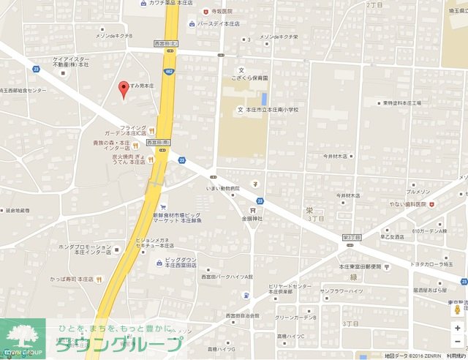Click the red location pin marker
tap(124, 89)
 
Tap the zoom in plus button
tap(457, 326)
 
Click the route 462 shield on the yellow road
tap(170, 71)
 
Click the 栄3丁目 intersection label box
tap(352, 237)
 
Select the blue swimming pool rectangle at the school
tap(264, 98)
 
